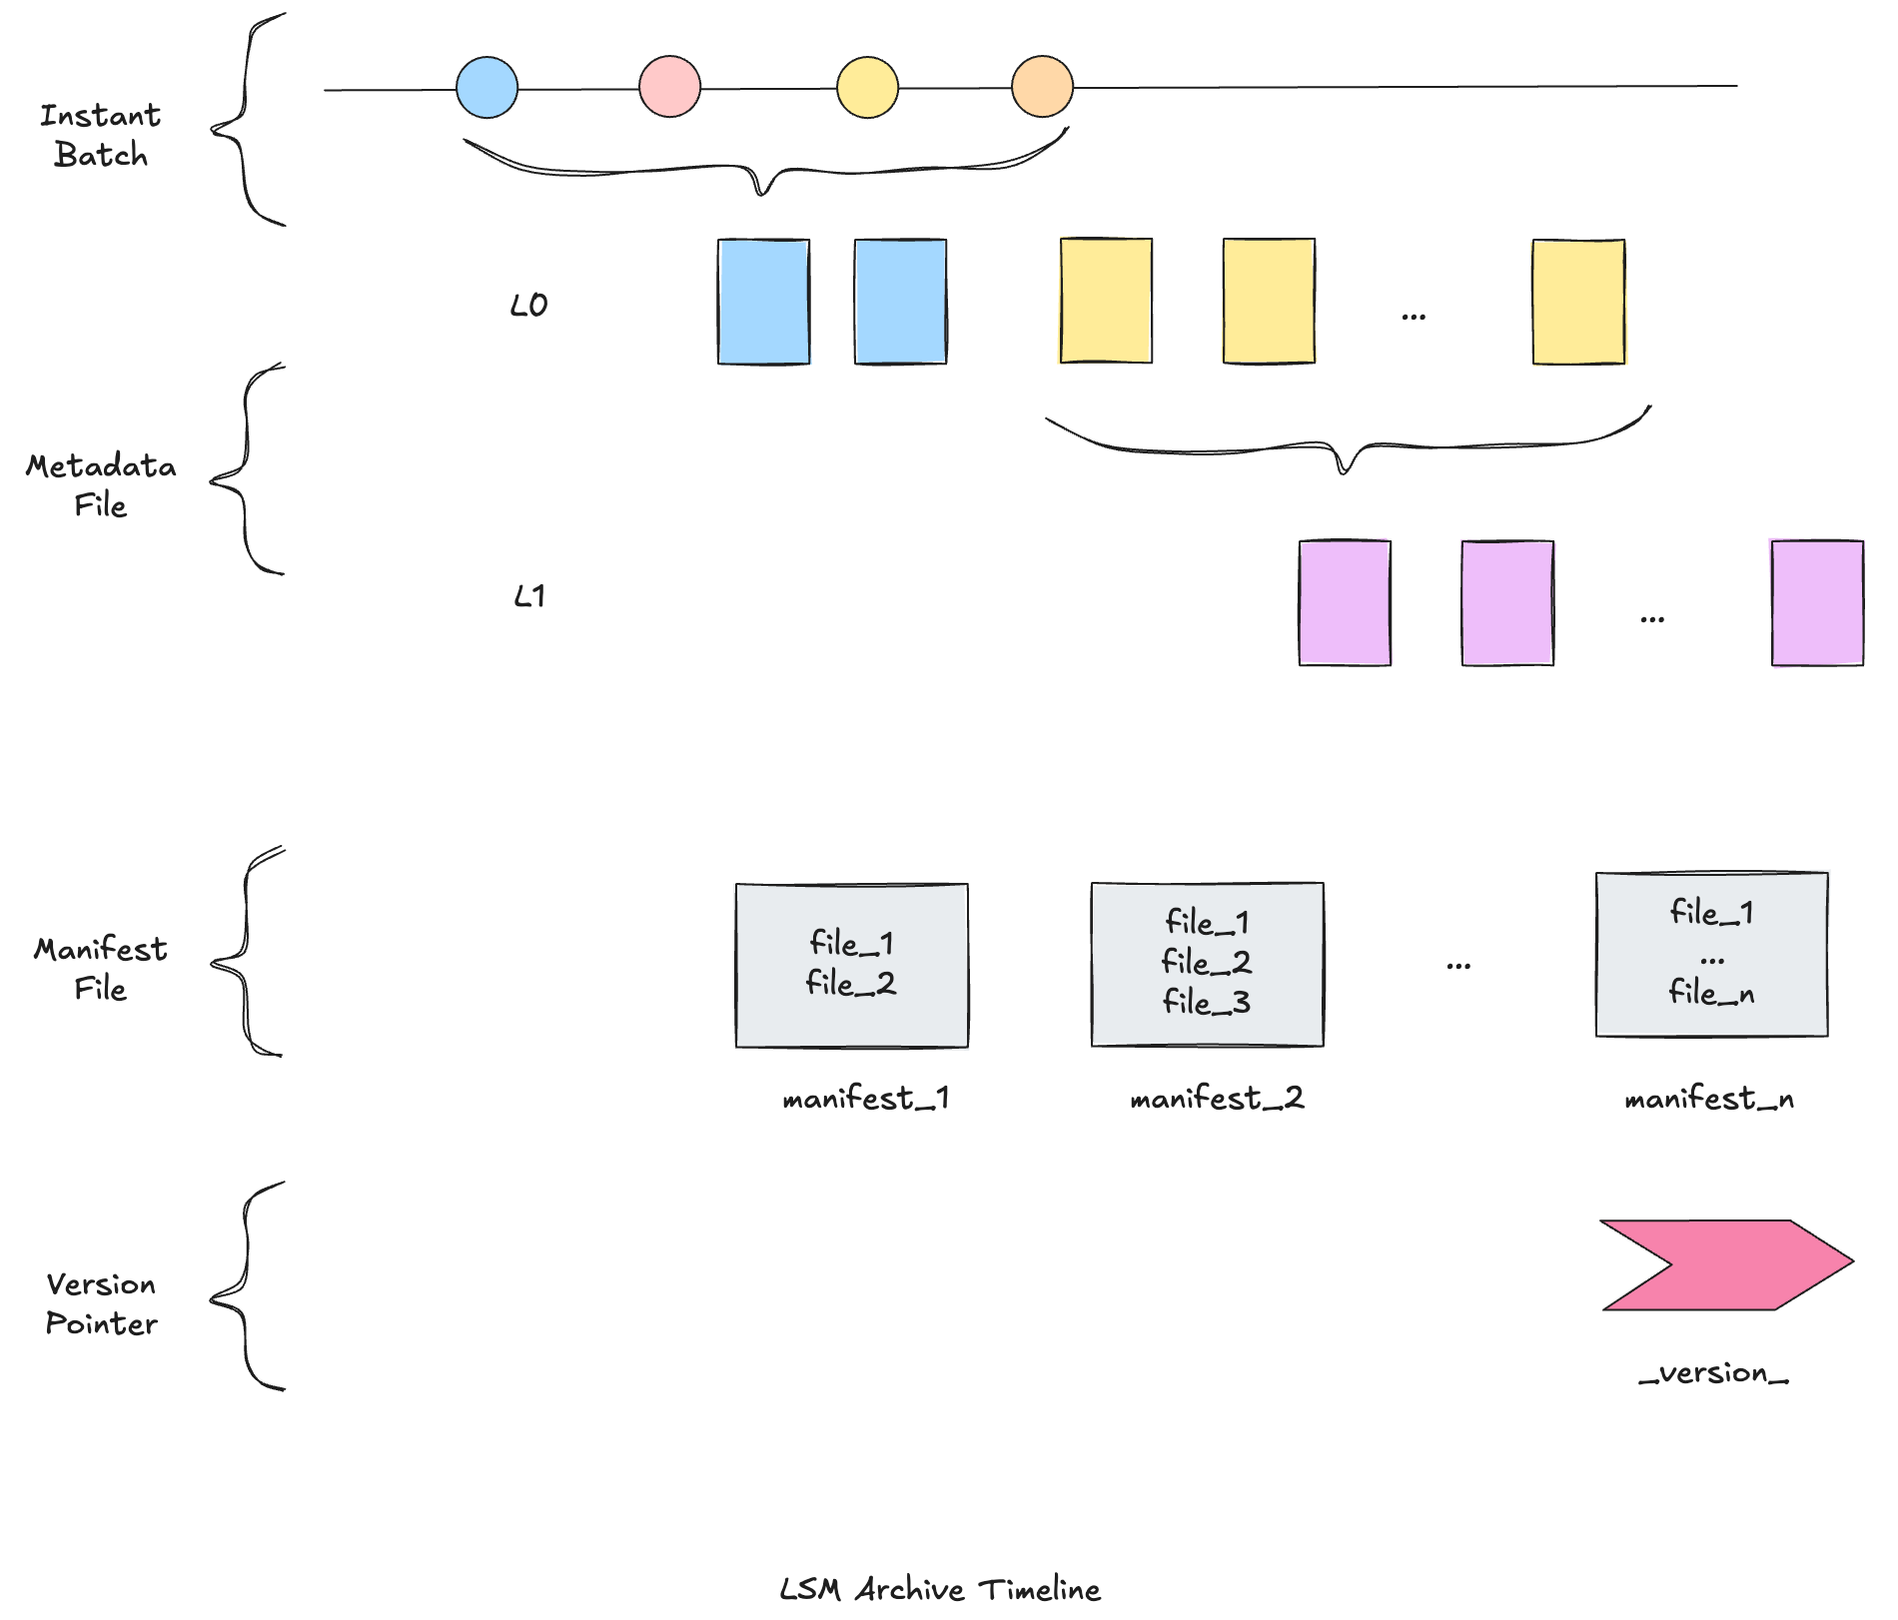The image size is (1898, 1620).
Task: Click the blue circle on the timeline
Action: coord(486,88)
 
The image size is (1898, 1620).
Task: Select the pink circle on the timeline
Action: coord(669,87)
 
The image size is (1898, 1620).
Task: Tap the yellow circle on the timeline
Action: coord(867,87)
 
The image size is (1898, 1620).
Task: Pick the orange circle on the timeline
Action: coord(1042,87)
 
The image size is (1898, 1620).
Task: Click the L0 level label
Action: coord(528,305)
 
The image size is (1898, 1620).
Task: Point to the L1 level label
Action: coord(528,596)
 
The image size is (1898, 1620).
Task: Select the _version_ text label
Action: coord(1713,1373)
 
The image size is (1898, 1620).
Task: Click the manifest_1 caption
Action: coord(865,1099)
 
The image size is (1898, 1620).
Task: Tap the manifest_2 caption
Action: coord(1216,1099)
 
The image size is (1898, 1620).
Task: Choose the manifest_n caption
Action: coord(1709,1099)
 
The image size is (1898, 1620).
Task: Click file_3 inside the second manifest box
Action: coord(1206,1002)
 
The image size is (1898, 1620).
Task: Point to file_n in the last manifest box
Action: coord(1711,992)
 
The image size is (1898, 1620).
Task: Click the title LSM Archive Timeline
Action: coord(939,1589)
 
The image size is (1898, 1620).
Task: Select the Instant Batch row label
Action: coord(100,135)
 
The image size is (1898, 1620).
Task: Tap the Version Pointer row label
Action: coord(101,1303)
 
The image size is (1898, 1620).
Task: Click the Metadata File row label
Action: coord(100,485)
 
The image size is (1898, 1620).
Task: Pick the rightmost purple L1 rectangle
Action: coord(1817,603)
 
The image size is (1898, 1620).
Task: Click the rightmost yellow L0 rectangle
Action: coord(1578,301)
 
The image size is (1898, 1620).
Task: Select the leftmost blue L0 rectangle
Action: coord(763,302)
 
